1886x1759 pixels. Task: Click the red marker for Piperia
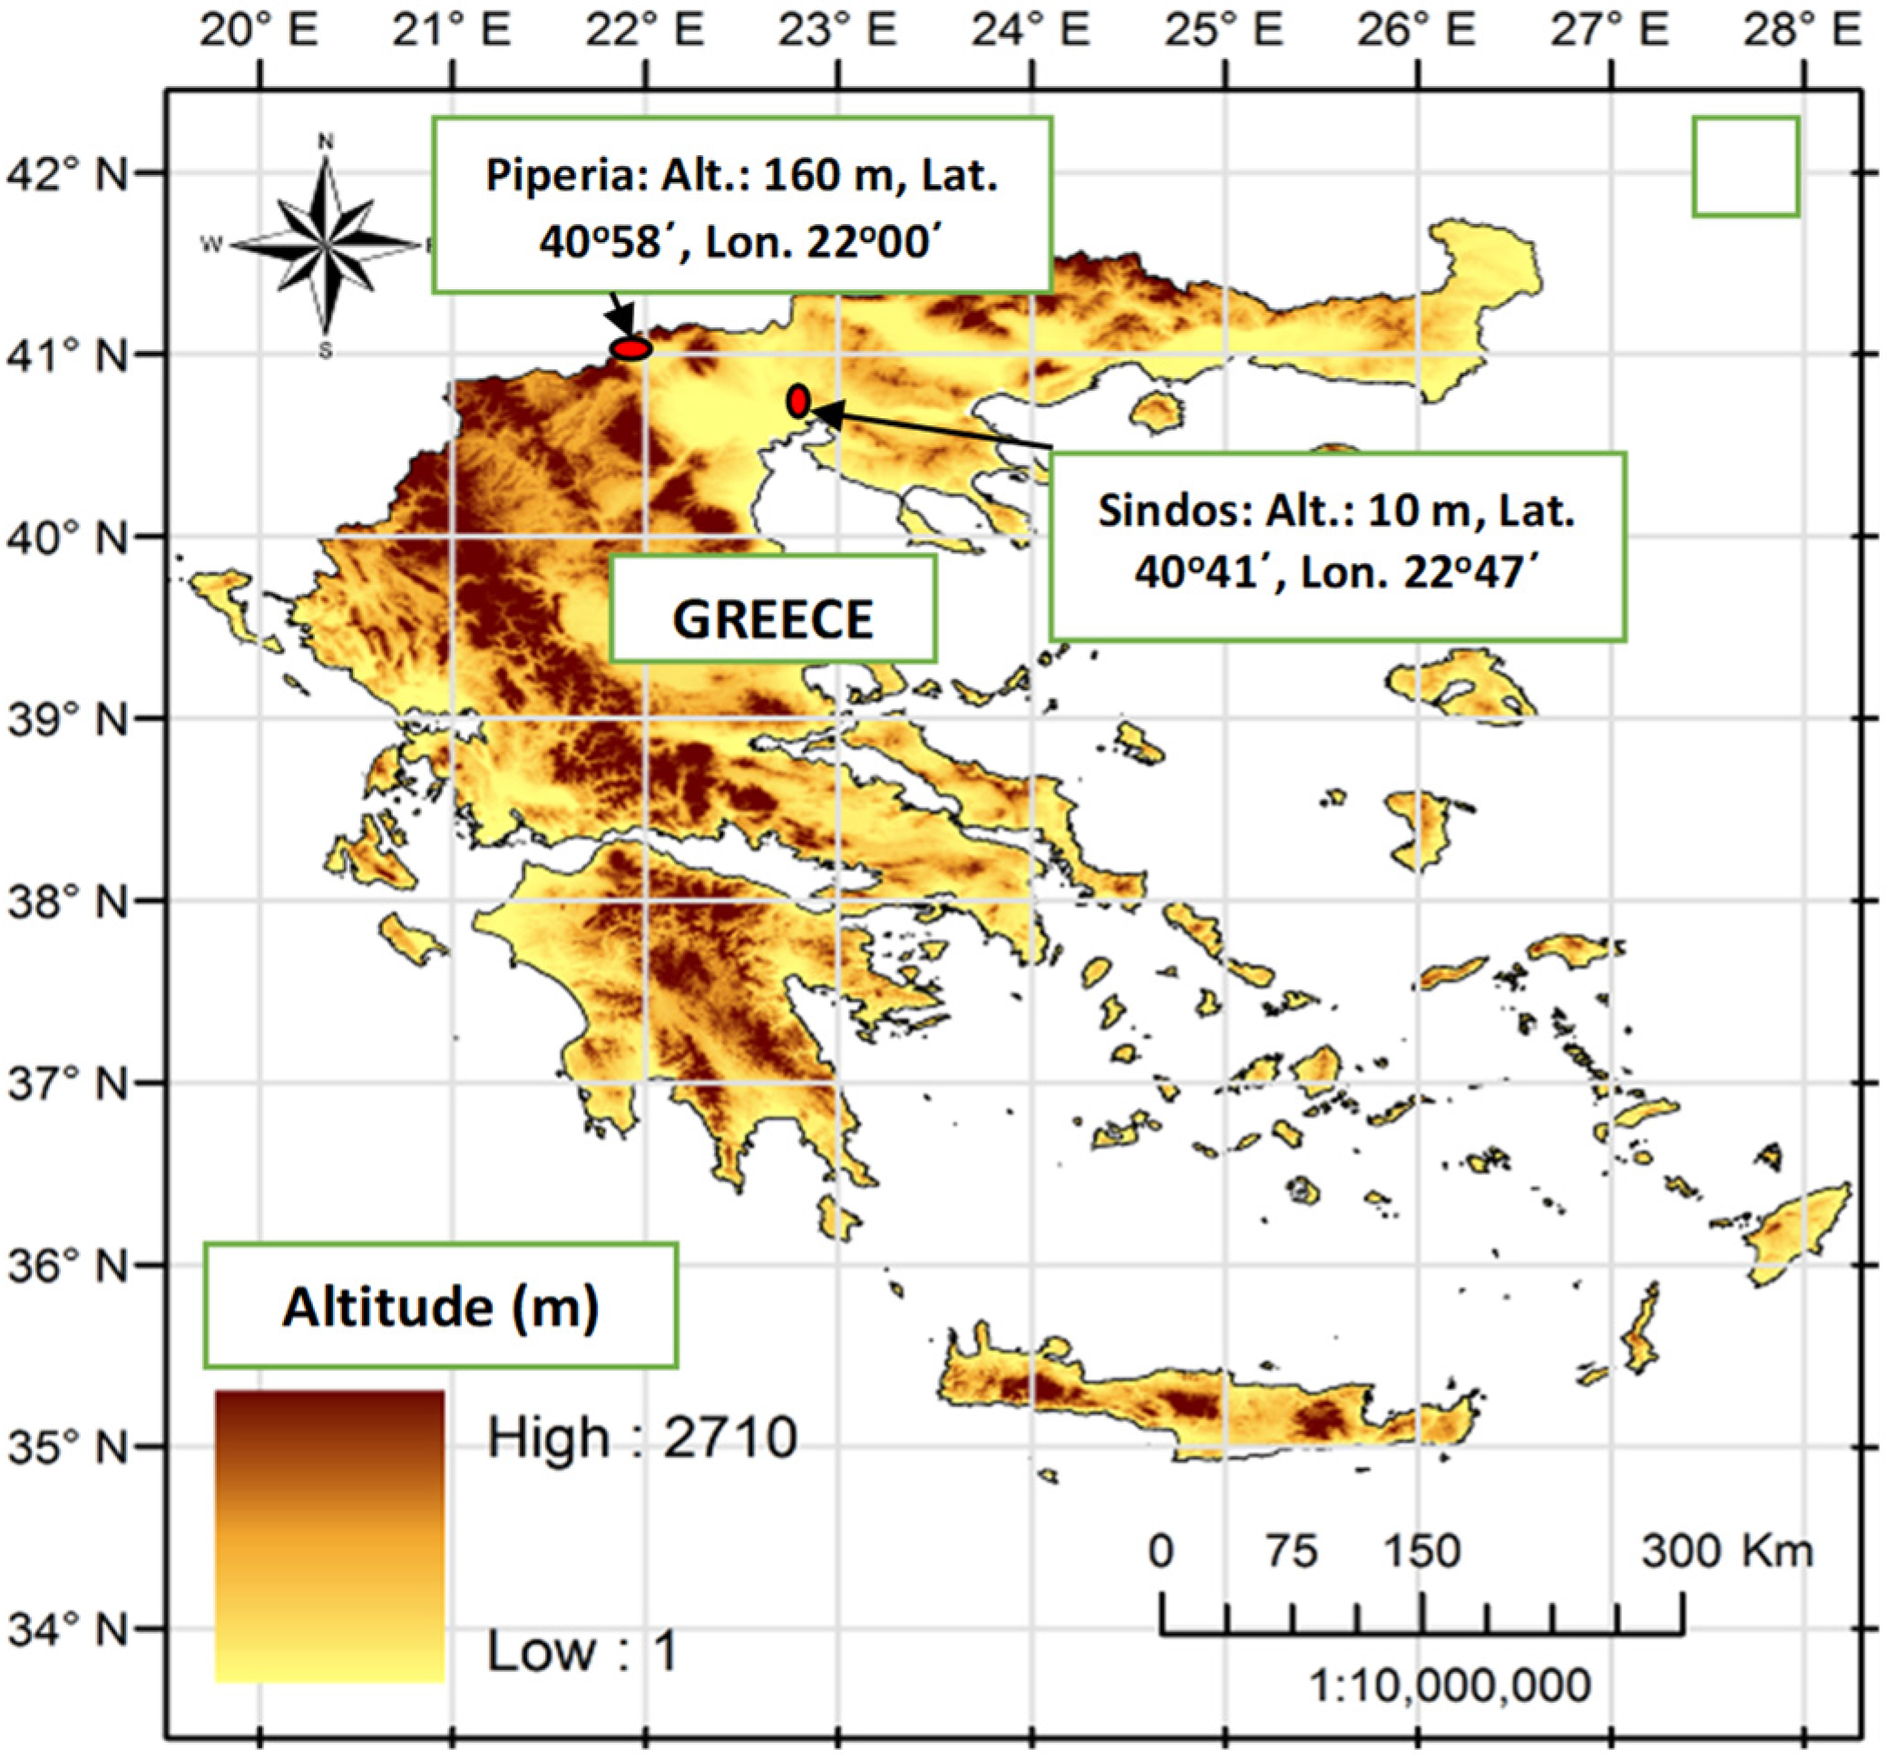click(x=630, y=349)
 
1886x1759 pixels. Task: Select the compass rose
click(x=326, y=246)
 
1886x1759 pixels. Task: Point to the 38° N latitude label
click(x=66, y=902)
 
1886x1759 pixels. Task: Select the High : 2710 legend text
click(x=641, y=1437)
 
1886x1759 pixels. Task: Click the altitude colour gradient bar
click(x=329, y=1536)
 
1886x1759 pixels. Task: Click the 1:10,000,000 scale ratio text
click(x=1450, y=1686)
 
